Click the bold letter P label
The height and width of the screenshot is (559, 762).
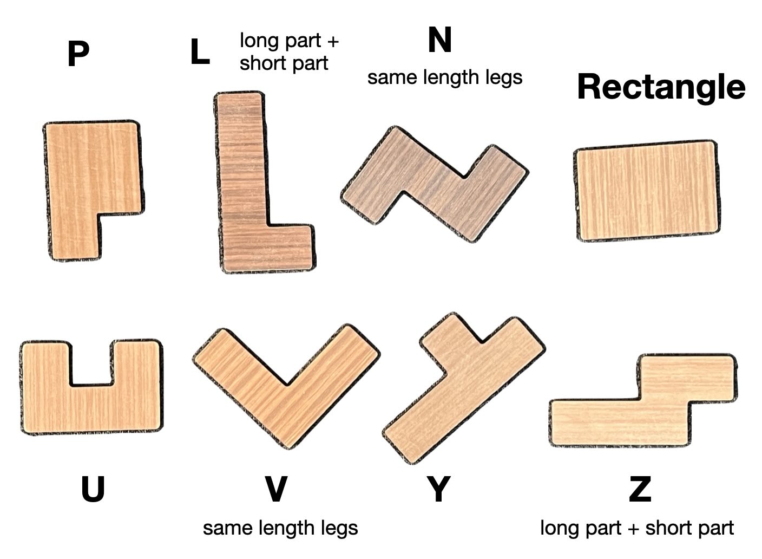pos(78,55)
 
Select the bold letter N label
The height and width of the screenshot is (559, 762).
pos(439,41)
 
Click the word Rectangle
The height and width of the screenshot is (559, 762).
pos(661,87)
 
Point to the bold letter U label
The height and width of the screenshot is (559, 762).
pos(93,489)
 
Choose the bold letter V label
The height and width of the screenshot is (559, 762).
pos(276,489)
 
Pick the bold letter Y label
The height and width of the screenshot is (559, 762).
pos(438,489)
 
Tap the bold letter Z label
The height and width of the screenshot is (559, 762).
pos(640,489)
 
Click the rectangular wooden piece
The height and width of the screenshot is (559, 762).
pos(647,191)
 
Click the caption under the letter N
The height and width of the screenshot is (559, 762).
pos(445,77)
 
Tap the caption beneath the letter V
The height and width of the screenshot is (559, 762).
pos(280,528)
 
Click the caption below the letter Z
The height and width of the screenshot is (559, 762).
pos(637,528)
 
